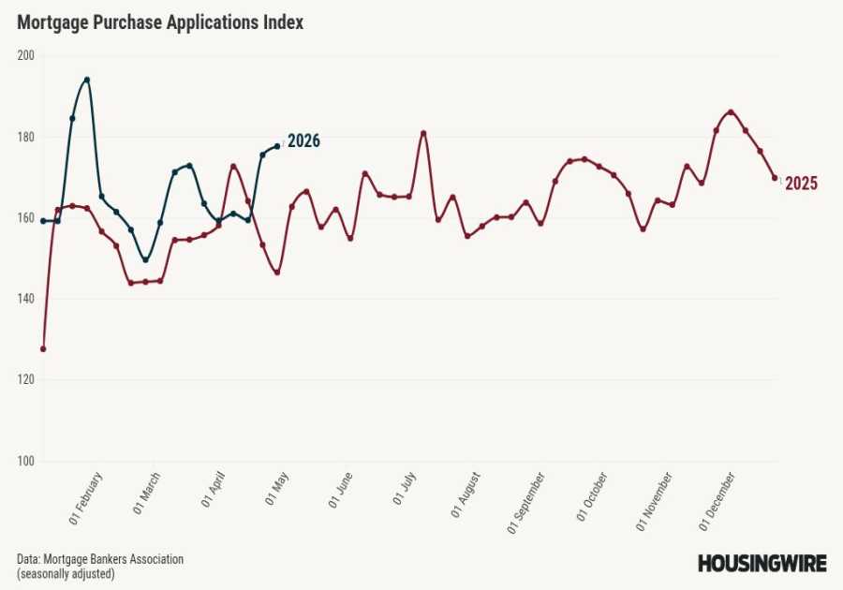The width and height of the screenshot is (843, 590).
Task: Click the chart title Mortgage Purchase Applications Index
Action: click(160, 22)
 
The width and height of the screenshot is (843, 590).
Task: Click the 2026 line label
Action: click(303, 141)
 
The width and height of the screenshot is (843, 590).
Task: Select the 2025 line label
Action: click(801, 184)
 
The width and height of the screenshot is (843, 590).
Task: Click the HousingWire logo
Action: click(762, 563)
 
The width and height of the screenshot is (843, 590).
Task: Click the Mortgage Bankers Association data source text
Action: click(100, 559)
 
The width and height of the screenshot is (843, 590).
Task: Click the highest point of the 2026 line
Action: click(87, 80)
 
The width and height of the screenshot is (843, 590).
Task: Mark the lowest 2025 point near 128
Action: click(43, 348)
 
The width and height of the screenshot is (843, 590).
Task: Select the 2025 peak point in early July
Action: click(423, 133)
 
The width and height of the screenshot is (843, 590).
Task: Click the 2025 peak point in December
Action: click(731, 112)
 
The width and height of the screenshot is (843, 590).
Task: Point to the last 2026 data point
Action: click(277, 146)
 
